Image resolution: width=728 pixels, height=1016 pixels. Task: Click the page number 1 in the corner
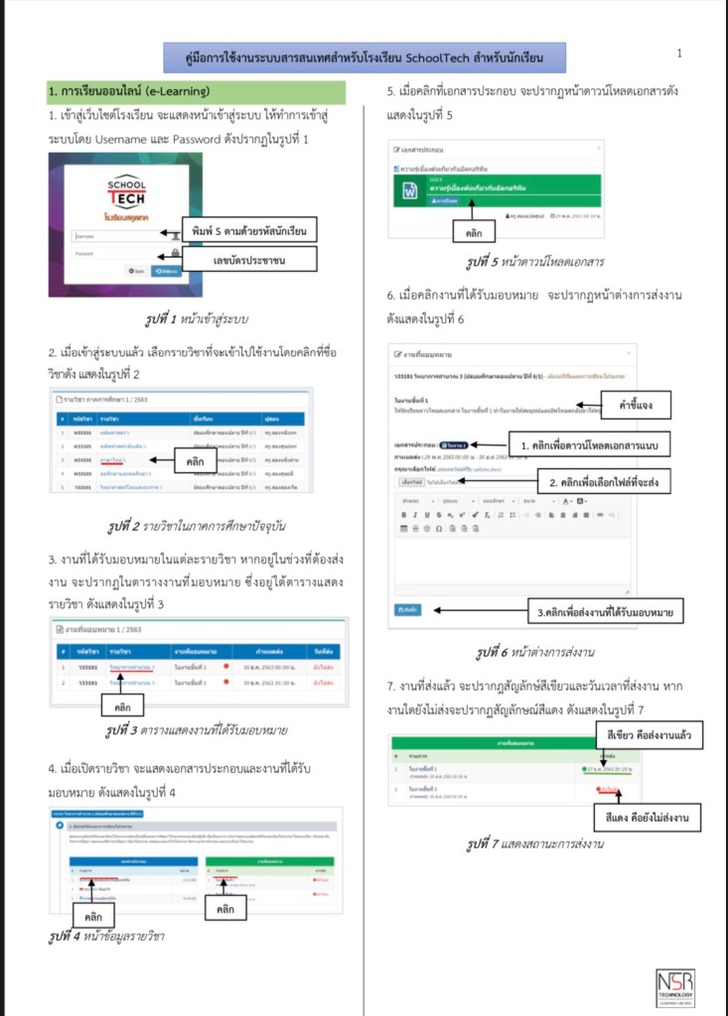click(x=679, y=53)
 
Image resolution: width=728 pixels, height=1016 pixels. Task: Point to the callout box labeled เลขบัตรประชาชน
click(x=248, y=260)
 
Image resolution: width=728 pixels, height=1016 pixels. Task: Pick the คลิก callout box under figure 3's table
click(x=123, y=704)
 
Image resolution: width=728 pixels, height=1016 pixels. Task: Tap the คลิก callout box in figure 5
click(x=474, y=231)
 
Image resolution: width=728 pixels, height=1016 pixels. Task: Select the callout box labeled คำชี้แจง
click(x=640, y=406)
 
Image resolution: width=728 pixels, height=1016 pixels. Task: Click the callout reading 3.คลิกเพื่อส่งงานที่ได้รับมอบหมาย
click(x=604, y=613)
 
